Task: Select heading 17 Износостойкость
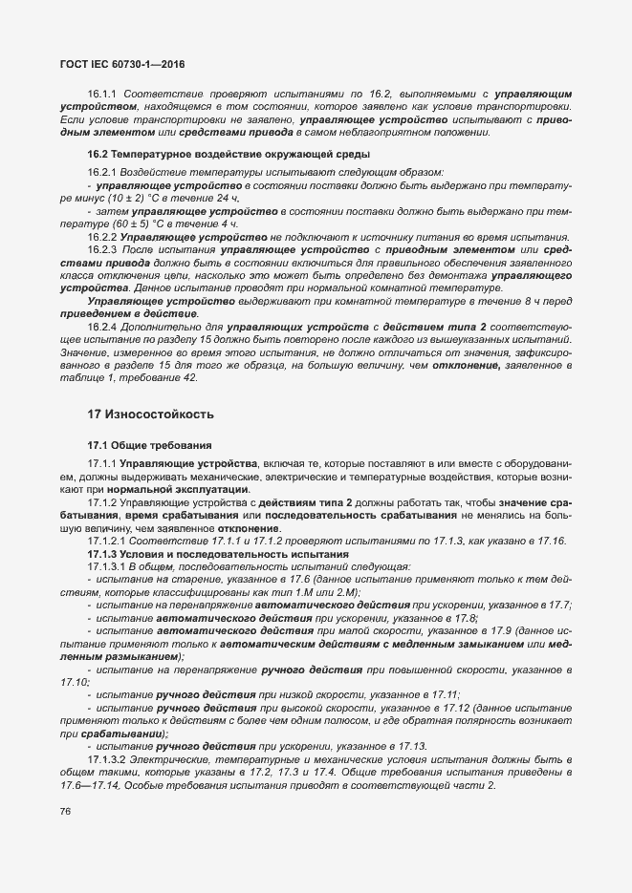150,415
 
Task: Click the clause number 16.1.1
102,96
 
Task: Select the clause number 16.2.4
102,328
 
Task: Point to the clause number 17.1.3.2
107,746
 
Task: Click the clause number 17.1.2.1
107,542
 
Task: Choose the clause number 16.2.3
102,249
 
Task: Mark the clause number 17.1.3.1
107,566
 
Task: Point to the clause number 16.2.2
102,237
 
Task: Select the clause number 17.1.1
102,463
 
